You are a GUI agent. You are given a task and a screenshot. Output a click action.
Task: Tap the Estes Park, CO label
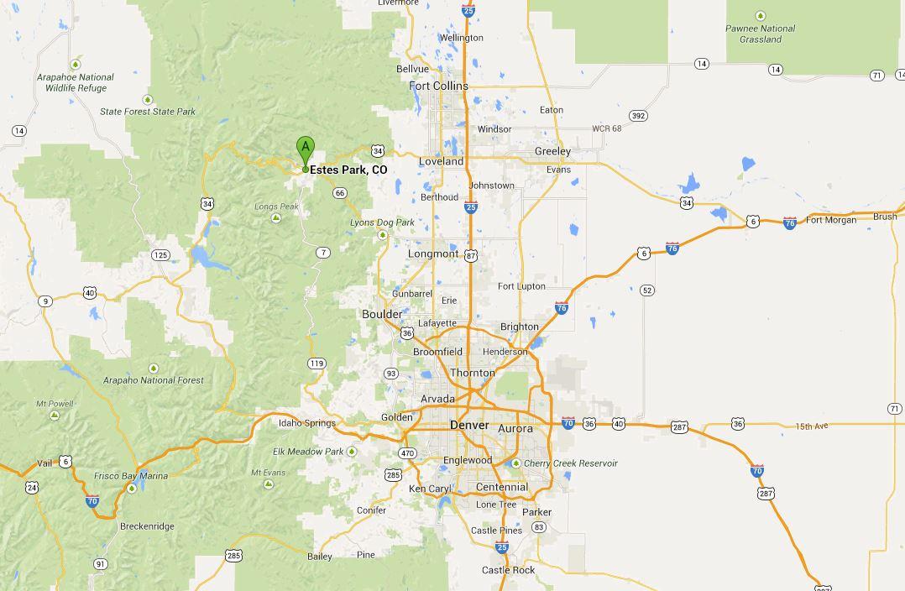click(x=348, y=170)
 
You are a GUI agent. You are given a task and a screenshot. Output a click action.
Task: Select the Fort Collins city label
click(x=438, y=86)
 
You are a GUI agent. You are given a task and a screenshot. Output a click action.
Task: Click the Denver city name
click(x=469, y=426)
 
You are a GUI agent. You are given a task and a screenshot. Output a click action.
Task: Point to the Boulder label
click(x=381, y=314)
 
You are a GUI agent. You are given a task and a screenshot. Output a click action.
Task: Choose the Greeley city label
click(x=552, y=151)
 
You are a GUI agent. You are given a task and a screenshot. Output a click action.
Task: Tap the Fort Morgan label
click(x=831, y=220)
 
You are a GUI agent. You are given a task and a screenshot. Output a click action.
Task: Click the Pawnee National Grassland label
click(x=761, y=34)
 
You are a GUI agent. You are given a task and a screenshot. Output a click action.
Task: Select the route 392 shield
click(x=639, y=116)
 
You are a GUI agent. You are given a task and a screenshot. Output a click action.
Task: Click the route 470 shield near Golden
click(x=407, y=453)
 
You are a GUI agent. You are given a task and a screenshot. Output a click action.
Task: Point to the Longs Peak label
click(x=276, y=207)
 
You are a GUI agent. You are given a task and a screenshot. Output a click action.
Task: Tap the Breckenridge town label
click(x=147, y=526)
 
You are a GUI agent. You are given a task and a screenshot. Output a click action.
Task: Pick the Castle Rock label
click(x=508, y=570)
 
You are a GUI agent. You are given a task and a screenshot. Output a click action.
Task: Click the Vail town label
click(x=44, y=463)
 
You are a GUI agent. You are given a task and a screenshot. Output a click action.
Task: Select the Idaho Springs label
click(x=307, y=423)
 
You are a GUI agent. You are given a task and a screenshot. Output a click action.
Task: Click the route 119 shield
click(x=316, y=363)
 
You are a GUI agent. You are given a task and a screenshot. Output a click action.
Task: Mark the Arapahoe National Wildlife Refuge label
click(x=76, y=82)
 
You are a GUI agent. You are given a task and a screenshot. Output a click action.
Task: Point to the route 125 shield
click(x=160, y=254)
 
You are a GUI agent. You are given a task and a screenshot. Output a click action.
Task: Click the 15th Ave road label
click(x=812, y=426)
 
